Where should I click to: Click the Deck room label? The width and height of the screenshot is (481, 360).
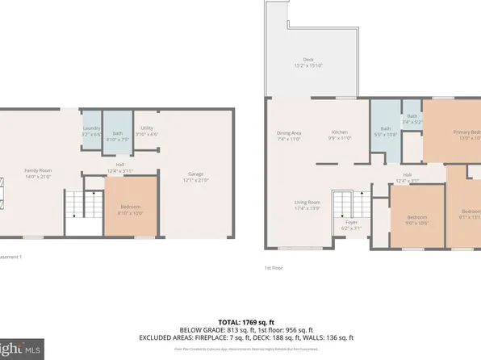click(307, 61)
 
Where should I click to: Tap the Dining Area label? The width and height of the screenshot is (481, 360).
click(289, 136)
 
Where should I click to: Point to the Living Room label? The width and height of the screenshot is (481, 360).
click(307, 205)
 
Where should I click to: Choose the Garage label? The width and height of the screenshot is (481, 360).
click(195, 177)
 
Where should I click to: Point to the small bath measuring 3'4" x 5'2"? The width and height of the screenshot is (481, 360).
click(412, 119)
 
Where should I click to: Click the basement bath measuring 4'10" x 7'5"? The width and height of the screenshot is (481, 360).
click(118, 136)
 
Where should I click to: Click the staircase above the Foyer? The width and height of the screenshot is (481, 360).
click(345, 205)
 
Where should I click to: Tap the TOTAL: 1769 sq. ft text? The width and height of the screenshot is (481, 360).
click(240, 321)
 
